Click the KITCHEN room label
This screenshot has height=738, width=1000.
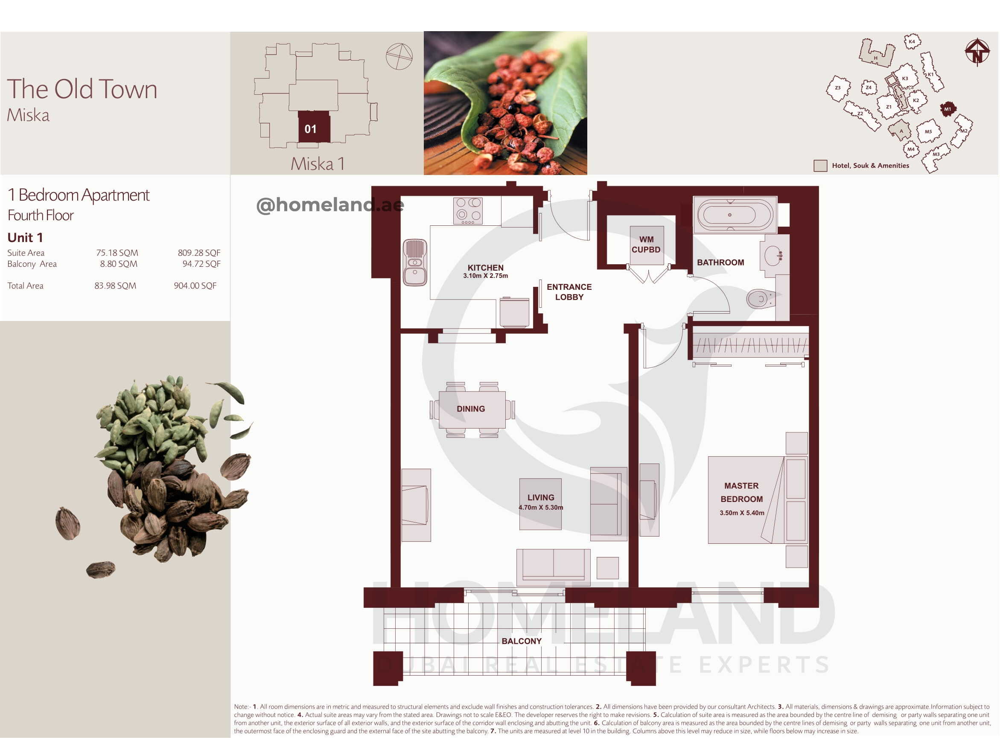485,268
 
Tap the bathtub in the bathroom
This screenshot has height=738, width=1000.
735,214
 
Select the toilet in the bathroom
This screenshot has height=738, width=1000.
761,299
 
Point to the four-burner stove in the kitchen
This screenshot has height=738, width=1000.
468,211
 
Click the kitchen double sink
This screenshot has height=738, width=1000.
415,262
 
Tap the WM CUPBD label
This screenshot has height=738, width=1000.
646,244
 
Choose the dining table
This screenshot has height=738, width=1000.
472,409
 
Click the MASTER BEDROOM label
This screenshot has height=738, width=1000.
741,492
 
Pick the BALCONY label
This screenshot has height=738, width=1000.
521,641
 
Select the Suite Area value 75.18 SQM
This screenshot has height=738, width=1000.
117,253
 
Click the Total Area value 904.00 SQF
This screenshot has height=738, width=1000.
195,286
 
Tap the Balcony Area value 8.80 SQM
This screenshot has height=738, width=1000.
118,264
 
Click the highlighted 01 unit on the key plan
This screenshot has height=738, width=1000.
314,127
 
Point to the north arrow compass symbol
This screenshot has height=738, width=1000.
977,52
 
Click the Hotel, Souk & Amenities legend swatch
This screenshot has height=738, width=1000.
820,166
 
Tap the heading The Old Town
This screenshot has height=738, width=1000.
82,89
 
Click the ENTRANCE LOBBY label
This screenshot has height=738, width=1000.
569,292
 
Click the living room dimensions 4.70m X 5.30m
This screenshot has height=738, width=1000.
540,508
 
